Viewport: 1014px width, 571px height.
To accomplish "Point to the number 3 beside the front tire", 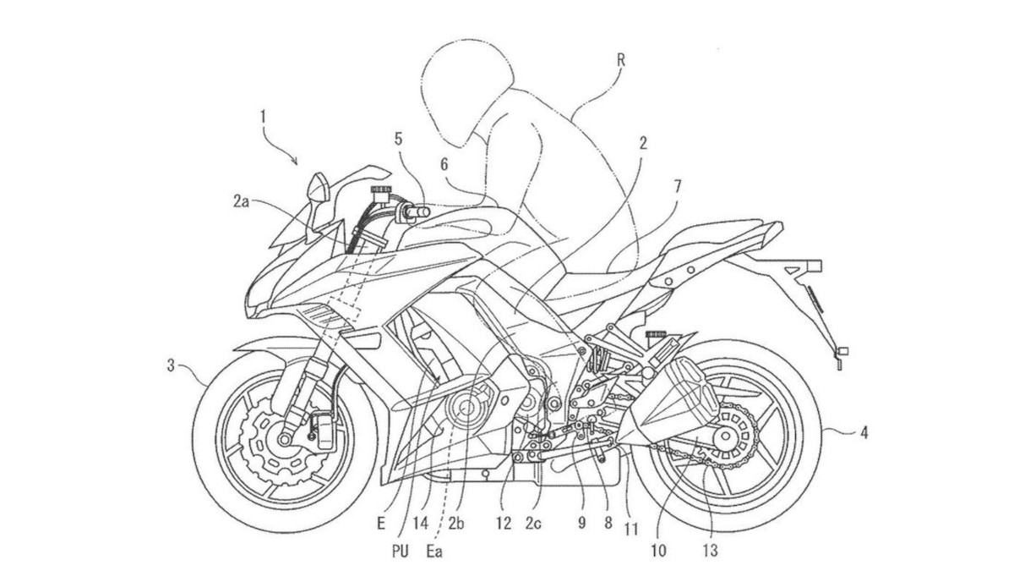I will (x=172, y=365).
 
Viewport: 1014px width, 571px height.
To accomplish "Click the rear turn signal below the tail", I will (x=840, y=353).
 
